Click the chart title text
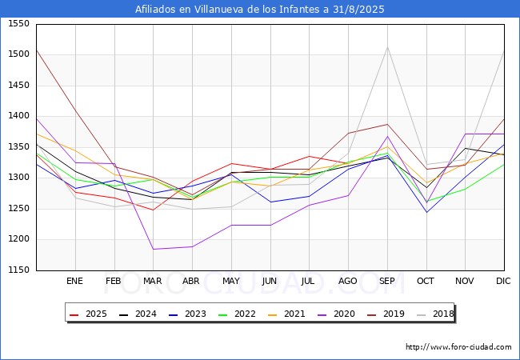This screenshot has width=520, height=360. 260,10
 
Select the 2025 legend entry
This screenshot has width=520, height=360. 89,314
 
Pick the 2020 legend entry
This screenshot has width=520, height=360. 336,314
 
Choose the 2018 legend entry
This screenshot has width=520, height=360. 435,314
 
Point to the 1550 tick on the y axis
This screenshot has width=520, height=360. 18,23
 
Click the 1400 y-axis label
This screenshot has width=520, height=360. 18,116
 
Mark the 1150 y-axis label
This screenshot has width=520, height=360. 18,270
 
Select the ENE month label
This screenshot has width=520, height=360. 74,281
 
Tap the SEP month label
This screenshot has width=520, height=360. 387,281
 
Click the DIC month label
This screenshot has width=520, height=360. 503,281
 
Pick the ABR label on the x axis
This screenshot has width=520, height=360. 191,281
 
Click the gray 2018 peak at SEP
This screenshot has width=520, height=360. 387,46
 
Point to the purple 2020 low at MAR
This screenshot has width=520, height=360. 154,250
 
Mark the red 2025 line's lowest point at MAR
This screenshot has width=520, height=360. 154,210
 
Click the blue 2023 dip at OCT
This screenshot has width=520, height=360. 426,213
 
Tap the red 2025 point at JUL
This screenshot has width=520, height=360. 310,156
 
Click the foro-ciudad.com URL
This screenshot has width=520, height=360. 458,347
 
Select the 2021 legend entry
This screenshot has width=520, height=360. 287,314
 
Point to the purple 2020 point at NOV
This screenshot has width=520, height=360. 466,134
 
